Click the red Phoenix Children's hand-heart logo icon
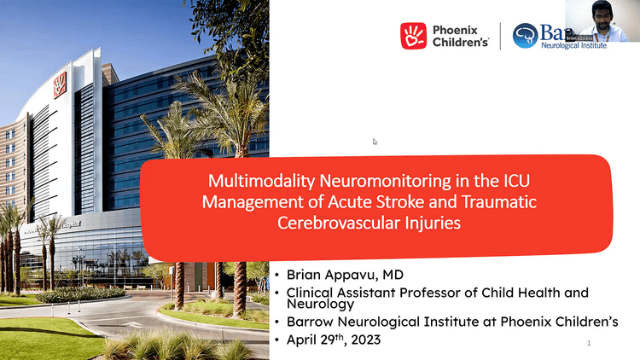(x=414, y=36)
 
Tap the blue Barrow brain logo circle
(x=526, y=36)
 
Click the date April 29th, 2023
(x=329, y=339)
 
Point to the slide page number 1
(x=589, y=343)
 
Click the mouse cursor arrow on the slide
(x=375, y=142)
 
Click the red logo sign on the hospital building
(x=60, y=85)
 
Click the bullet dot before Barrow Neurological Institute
(x=277, y=321)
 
